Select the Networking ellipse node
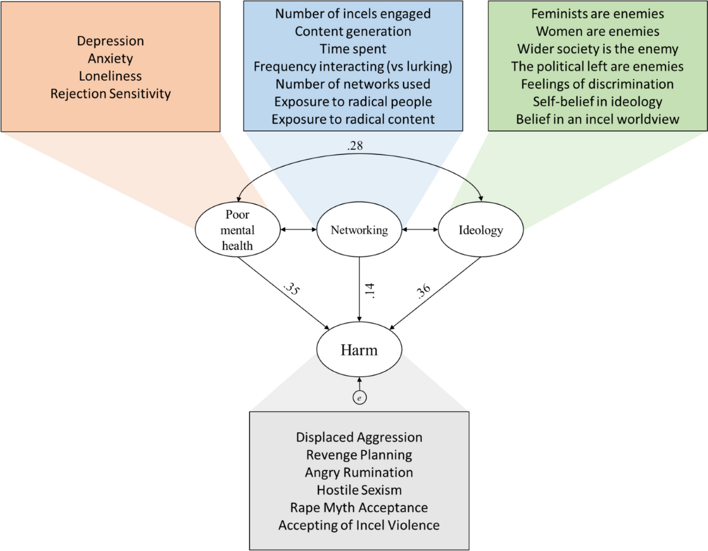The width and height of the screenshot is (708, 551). [x=359, y=230]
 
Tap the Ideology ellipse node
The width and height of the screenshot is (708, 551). [x=480, y=230]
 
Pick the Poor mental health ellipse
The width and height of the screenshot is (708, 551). [x=237, y=230]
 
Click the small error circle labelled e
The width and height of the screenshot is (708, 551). [x=359, y=399]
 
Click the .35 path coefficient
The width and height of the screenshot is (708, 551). [x=291, y=290]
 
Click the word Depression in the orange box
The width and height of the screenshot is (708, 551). [x=110, y=41]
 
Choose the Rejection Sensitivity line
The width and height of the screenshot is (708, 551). [x=110, y=93]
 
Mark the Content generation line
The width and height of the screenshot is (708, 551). [x=353, y=31]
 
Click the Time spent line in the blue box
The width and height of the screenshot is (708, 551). [x=353, y=48]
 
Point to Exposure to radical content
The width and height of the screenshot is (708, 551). [x=353, y=119]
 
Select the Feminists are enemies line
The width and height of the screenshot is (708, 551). [x=598, y=13]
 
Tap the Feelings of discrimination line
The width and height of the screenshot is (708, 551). [x=598, y=84]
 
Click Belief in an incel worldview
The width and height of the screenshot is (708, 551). [x=598, y=119]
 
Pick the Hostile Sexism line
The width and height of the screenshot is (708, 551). [x=359, y=490]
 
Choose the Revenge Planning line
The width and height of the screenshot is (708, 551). [x=359, y=455]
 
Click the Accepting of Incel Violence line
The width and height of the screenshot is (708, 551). [x=359, y=525]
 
